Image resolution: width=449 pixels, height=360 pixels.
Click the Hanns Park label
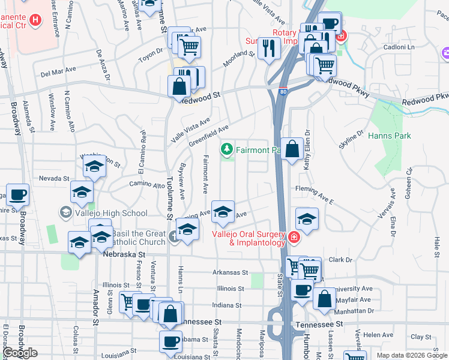pyautogui.click(x=390, y=136)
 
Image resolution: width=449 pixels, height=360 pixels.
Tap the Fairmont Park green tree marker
pyautogui.click(x=228, y=148)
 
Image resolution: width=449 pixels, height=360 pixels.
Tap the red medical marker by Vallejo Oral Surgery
pyautogui.click(x=294, y=238)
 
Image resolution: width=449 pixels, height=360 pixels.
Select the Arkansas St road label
pyautogui.click(x=230, y=272)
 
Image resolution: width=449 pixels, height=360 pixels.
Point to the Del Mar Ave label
pyautogui.click(x=58, y=73)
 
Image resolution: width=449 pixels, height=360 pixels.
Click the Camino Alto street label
pyautogui.click(x=146, y=186)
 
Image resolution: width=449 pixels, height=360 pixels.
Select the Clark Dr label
pyautogui.click(x=339, y=260)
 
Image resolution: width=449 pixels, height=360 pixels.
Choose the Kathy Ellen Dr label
pyautogui.click(x=306, y=150)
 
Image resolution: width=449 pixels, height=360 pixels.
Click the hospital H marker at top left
pyautogui.click(x=35, y=20)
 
